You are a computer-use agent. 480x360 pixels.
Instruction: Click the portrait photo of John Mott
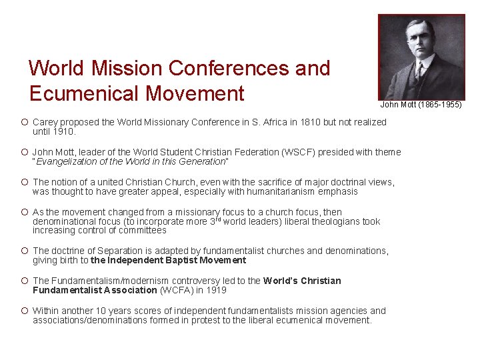pyautogui.click(x=421, y=57)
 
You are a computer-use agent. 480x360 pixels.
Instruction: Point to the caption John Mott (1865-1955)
pyautogui.click(x=421, y=105)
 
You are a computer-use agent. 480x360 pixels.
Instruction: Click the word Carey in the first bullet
pyautogui.click(x=45, y=122)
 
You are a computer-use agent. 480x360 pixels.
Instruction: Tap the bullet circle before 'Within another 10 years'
pyautogui.click(x=23, y=311)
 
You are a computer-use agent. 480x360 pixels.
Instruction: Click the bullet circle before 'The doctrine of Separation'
pyautogui.click(x=23, y=251)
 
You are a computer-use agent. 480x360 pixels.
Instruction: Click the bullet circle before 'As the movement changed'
pyautogui.click(x=23, y=212)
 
